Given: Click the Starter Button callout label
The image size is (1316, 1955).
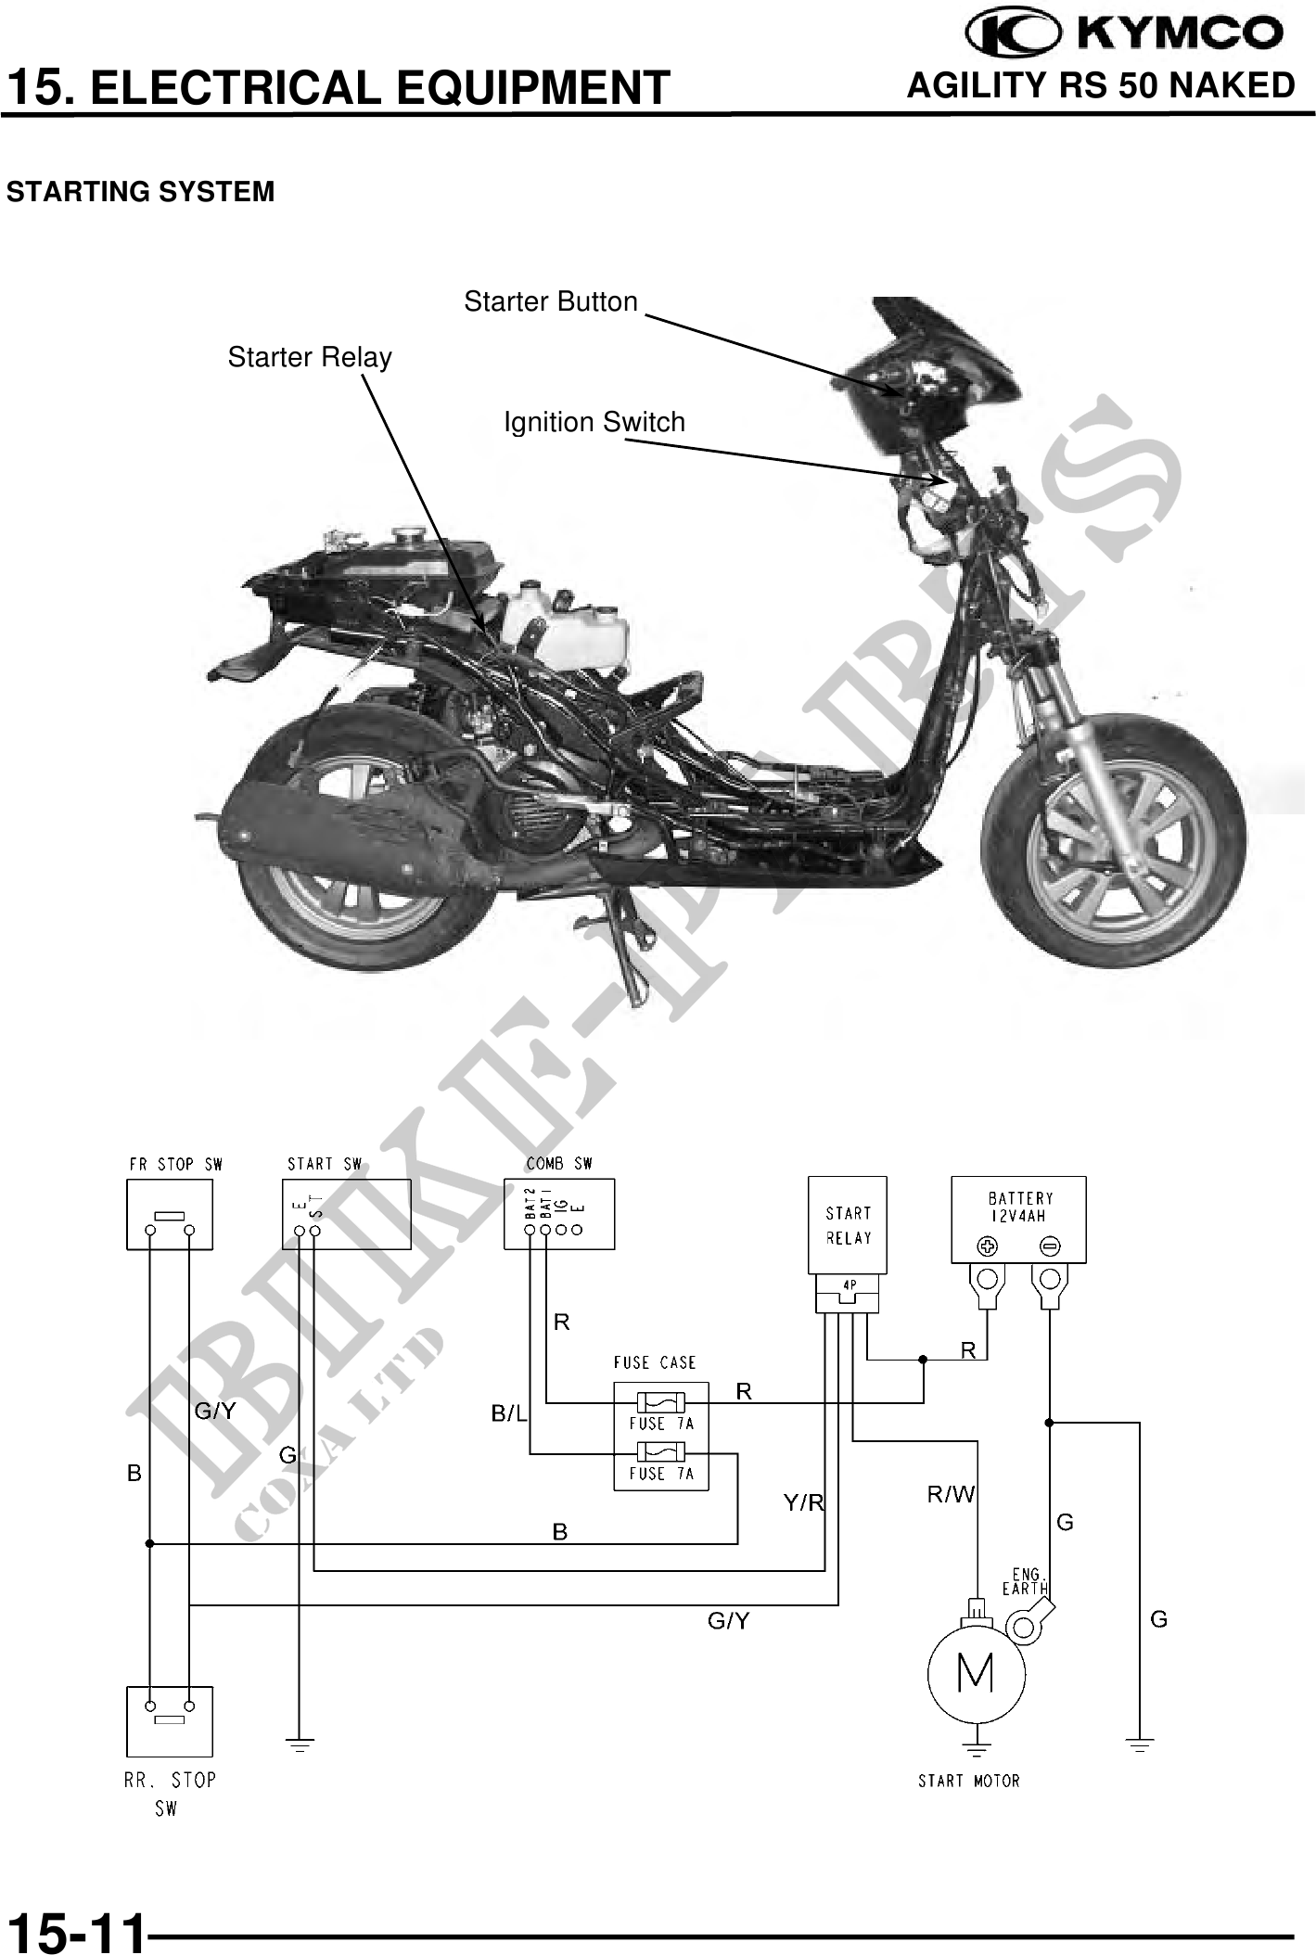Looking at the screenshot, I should (x=551, y=301).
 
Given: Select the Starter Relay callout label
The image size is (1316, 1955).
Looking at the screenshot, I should (x=310, y=357).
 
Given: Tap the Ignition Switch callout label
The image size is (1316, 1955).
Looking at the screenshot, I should (x=594, y=422).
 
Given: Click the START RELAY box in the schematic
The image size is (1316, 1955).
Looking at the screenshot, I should (x=848, y=1225).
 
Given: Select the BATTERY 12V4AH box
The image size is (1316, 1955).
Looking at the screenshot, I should (x=1018, y=1219).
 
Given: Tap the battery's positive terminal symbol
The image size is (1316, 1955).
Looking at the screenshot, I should (x=986, y=1245).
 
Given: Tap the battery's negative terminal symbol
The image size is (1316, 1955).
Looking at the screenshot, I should (x=1050, y=1245).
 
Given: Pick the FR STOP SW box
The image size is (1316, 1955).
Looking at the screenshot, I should (x=170, y=1214).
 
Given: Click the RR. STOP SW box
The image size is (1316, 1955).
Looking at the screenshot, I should (x=170, y=1720).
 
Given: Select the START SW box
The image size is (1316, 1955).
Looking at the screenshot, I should (x=346, y=1214).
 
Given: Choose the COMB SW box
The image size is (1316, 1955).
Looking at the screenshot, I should (x=559, y=1214).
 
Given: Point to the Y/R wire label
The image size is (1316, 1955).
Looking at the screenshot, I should (x=803, y=1503).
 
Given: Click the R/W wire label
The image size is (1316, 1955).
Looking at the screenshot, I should (x=951, y=1494).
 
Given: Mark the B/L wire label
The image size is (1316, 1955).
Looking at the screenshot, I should (x=508, y=1414).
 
